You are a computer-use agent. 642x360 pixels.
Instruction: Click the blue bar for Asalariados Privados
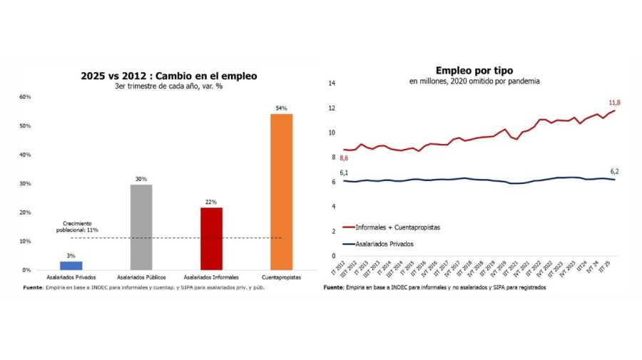pos(71,265)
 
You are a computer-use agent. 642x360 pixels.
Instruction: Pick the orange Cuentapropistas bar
pos(281,192)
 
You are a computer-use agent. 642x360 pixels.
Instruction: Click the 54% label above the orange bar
pos(281,108)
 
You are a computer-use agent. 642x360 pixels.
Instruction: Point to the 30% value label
pos(141,179)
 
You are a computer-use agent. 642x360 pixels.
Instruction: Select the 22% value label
pos(211,202)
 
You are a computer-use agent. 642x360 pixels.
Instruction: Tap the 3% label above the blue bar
pos(71,256)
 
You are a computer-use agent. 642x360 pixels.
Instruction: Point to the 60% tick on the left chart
pos(25,97)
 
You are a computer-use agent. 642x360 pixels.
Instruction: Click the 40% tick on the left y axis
pos(25,155)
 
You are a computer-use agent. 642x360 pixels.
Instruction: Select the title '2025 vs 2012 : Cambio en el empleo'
pos(169,76)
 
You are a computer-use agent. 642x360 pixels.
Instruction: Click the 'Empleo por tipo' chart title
pos(474,70)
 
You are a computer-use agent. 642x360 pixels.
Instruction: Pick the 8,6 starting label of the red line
pos(345,158)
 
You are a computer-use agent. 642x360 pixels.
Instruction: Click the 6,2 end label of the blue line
pos(615,171)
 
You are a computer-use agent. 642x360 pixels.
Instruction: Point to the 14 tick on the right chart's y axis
pos(332,83)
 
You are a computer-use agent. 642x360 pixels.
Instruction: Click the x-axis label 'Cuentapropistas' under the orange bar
pos(281,277)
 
